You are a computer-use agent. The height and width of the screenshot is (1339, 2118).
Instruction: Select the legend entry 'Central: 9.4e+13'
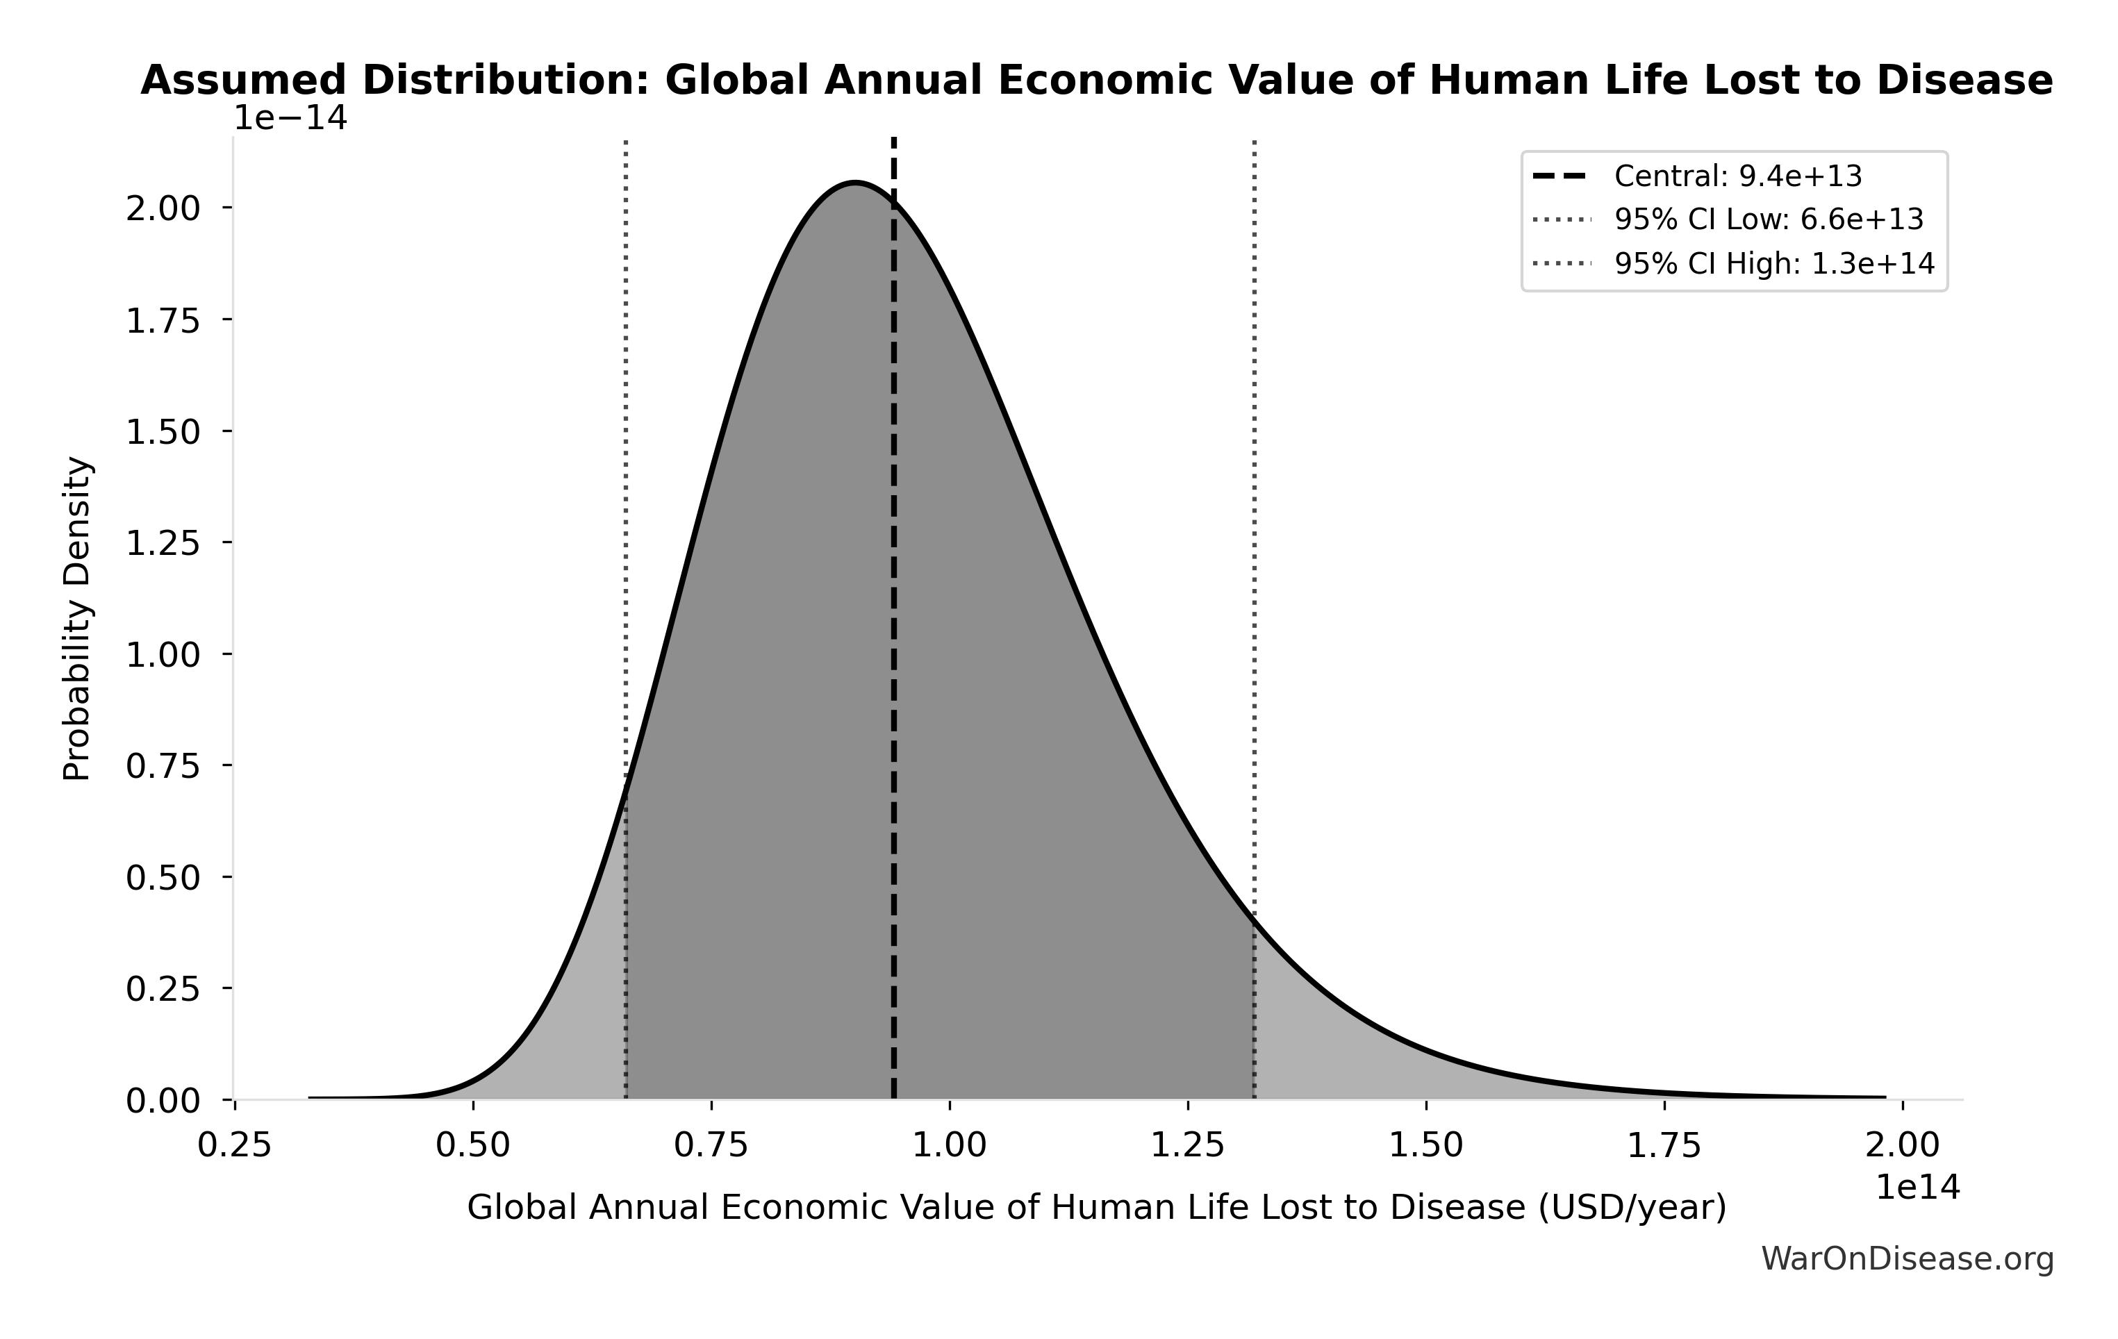[1737, 176]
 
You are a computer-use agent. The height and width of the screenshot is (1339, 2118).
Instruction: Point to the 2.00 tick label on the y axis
[164, 208]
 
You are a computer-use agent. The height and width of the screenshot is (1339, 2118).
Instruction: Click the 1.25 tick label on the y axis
[164, 543]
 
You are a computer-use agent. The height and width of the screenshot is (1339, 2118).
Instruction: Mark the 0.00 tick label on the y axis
[164, 1101]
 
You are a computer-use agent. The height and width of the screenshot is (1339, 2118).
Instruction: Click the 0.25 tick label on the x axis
[235, 1145]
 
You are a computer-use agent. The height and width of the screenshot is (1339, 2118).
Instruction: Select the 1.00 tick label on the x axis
[950, 1145]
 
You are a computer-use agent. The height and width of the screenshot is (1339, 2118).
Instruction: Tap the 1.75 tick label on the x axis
[1664, 1145]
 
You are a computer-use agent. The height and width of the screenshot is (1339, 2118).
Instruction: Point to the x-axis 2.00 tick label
[1903, 1145]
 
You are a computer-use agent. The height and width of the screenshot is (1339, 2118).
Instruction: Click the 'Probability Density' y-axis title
[77, 618]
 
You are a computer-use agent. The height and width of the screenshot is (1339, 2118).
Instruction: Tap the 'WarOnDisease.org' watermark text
[1907, 1260]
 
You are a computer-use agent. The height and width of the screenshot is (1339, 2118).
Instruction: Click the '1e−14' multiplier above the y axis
[290, 118]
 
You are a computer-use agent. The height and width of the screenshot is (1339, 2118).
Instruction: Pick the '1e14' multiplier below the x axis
[1917, 1188]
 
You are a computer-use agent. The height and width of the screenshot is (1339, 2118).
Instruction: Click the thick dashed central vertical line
[893, 615]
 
